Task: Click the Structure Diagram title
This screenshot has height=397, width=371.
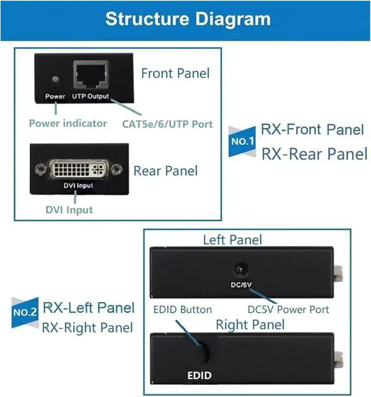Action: (x=188, y=19)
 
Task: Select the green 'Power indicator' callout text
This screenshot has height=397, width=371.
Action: (x=68, y=123)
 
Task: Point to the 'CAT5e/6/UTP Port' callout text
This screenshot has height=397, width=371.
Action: (x=168, y=123)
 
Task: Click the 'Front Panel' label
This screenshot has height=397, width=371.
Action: (x=175, y=73)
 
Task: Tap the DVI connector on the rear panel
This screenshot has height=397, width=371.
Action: (x=78, y=170)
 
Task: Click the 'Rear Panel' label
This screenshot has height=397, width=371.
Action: (x=165, y=171)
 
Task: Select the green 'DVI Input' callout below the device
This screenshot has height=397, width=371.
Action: (x=69, y=210)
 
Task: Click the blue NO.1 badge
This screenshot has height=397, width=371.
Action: (x=243, y=141)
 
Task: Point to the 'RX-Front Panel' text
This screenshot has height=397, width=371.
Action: (x=312, y=129)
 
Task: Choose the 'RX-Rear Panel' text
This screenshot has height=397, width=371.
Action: (x=314, y=154)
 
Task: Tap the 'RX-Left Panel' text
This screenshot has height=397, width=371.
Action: (x=89, y=307)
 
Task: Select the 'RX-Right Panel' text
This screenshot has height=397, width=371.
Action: (x=88, y=327)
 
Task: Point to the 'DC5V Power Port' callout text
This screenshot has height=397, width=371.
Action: (x=288, y=309)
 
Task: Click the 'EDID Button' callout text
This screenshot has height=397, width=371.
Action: (x=182, y=309)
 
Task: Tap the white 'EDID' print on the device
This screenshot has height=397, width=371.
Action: (x=199, y=376)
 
